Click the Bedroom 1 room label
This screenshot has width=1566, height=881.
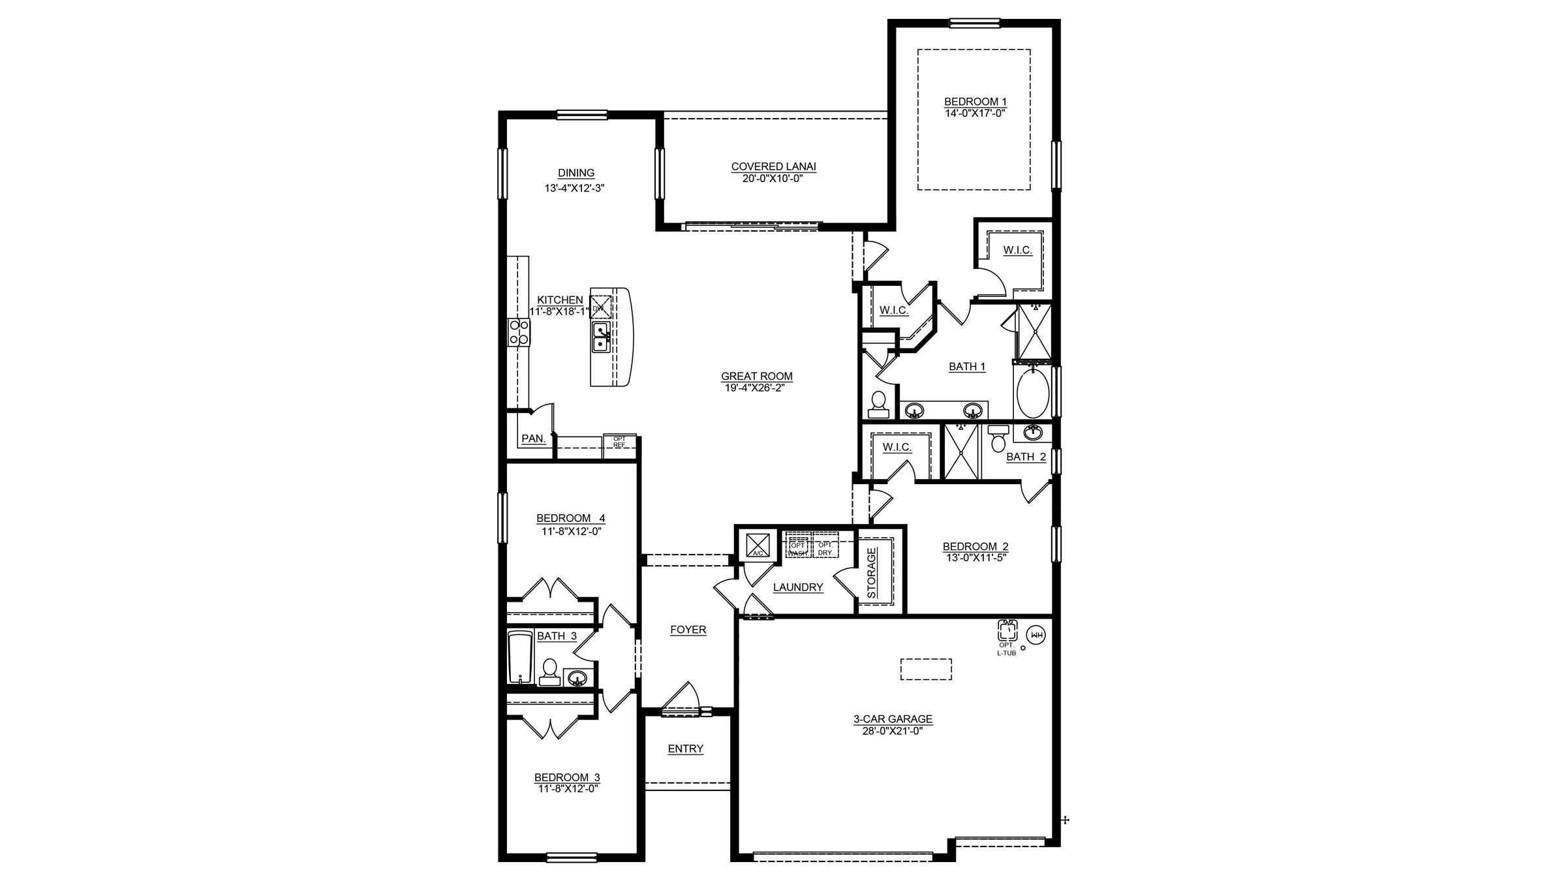(x=975, y=101)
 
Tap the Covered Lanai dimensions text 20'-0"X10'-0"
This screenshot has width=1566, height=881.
(x=773, y=178)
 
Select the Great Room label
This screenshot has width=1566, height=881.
(x=756, y=376)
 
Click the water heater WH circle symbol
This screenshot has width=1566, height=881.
(x=1036, y=634)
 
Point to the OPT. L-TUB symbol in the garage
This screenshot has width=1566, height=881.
(x=1007, y=631)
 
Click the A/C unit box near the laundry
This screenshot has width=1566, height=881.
(x=758, y=544)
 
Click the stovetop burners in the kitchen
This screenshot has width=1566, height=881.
(x=519, y=332)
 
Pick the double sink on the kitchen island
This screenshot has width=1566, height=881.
(x=601, y=337)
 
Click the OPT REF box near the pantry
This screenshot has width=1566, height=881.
(x=619, y=442)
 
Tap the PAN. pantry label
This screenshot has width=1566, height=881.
(x=533, y=439)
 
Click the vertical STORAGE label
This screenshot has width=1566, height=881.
(x=872, y=573)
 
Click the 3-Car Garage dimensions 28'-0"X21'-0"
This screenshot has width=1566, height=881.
(x=892, y=731)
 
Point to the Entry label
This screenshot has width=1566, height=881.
(x=685, y=749)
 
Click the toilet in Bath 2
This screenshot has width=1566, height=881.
(x=998, y=439)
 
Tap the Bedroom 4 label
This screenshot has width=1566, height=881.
(x=570, y=518)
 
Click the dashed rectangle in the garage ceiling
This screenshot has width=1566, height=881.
(x=925, y=669)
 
